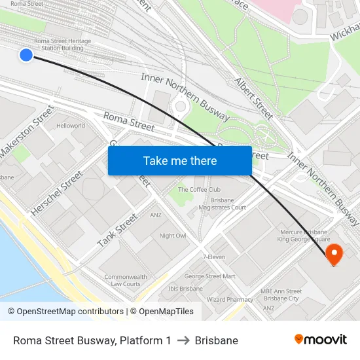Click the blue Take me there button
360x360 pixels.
[180, 160]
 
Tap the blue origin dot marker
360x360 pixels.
[26, 55]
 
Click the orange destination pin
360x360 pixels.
[333, 254]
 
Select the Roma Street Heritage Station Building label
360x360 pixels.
[63, 45]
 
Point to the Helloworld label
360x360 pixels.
[71, 126]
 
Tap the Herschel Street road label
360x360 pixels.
[57, 194]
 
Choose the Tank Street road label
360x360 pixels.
[118, 230]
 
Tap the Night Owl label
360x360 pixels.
[173, 236]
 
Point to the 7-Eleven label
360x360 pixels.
[214, 257]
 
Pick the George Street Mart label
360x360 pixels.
[209, 276]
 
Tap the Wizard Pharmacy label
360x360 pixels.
[230, 299]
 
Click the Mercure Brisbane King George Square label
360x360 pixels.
[302, 236]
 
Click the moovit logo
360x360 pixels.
[320, 340]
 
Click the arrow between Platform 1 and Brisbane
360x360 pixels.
[183, 340]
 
